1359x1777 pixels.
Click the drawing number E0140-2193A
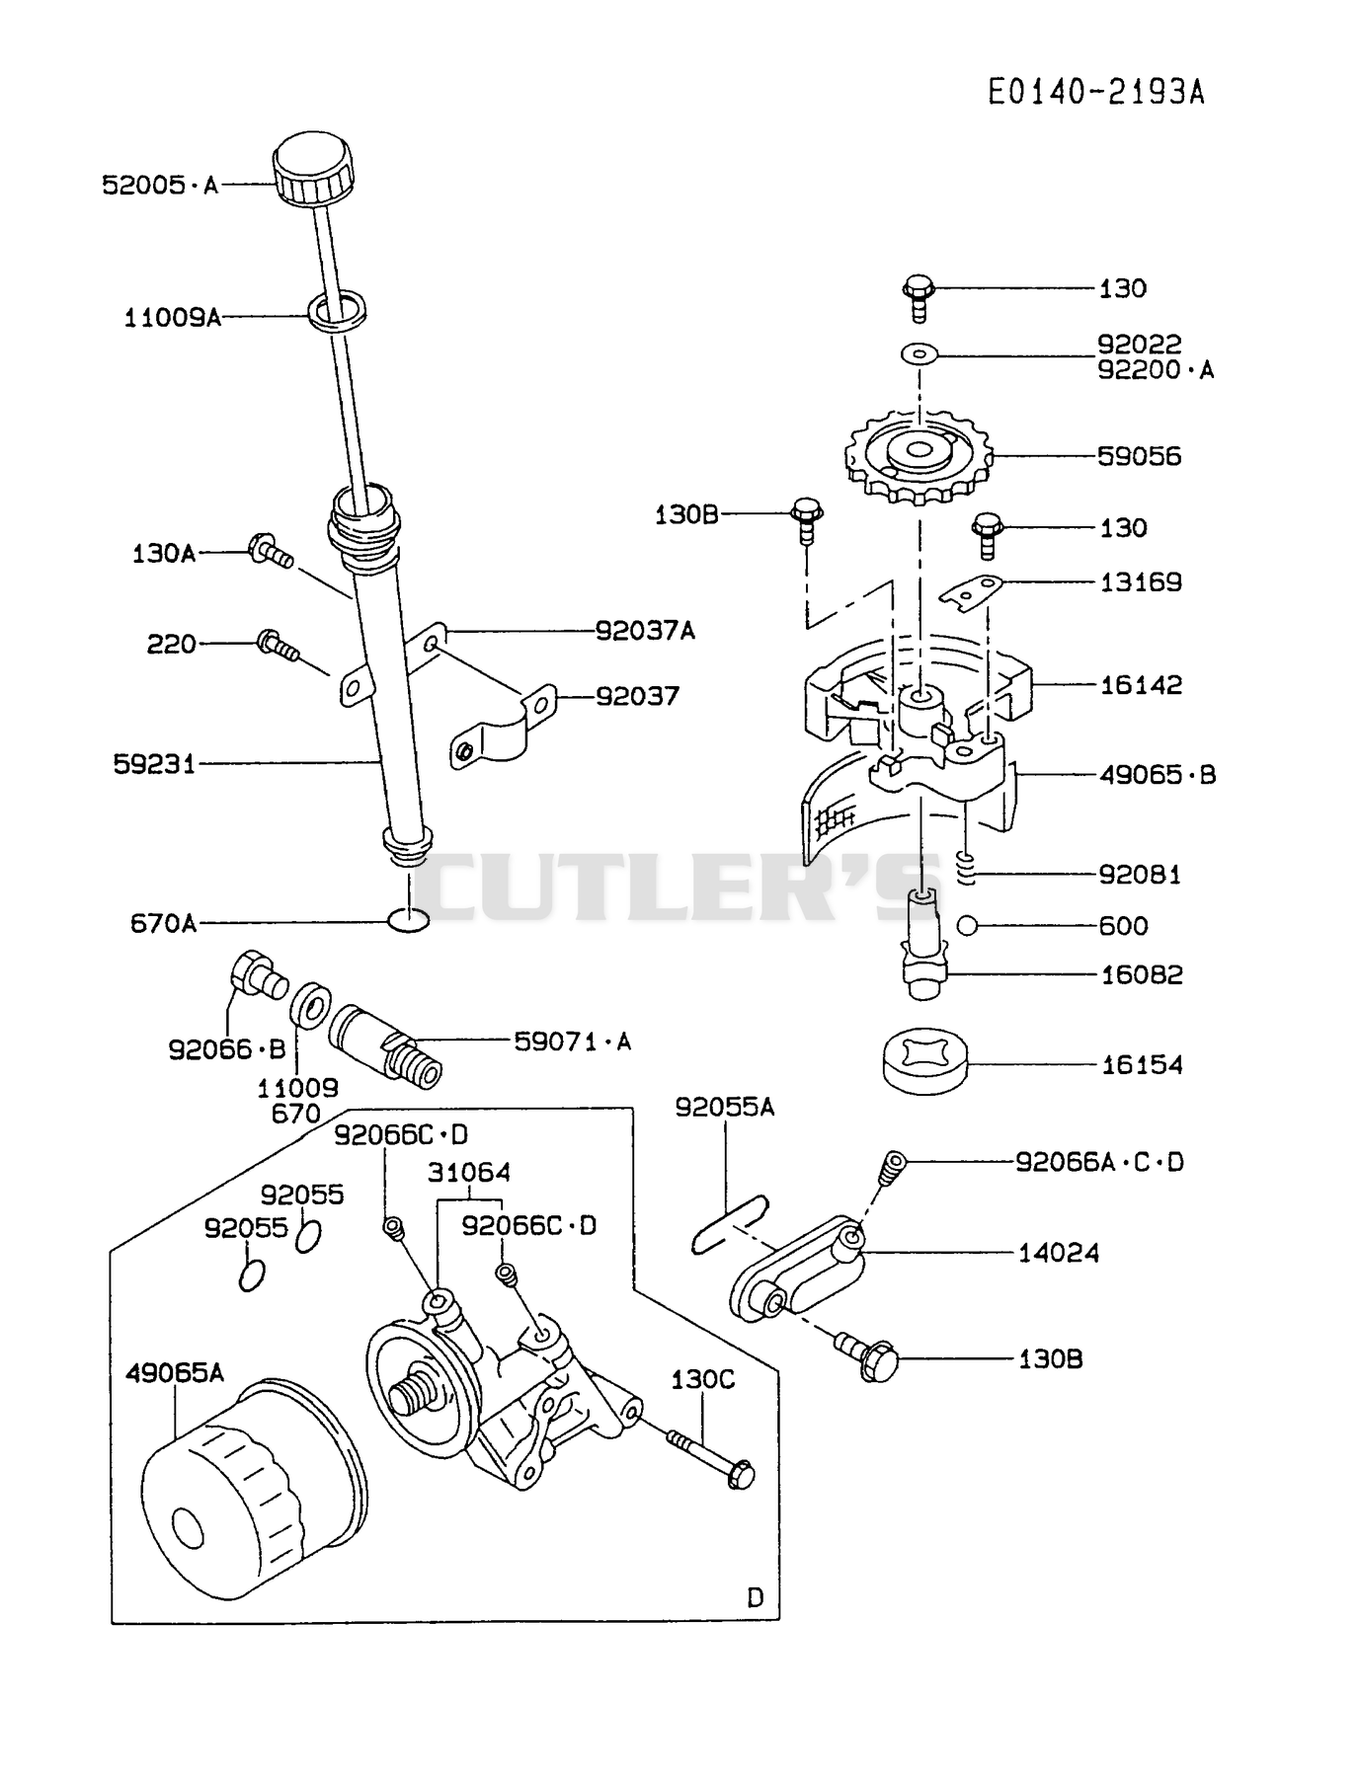pos(1096,92)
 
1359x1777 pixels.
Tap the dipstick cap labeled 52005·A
pos(311,171)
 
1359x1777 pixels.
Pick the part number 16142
pos(1141,684)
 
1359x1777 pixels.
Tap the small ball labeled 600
pos(967,925)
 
